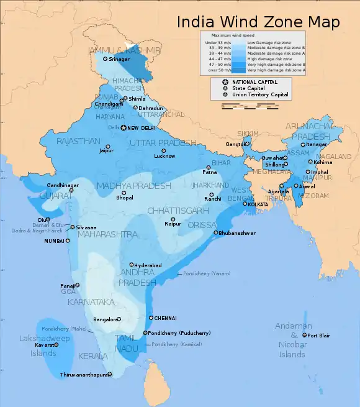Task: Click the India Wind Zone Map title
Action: [x=258, y=22]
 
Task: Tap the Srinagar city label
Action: [x=120, y=59]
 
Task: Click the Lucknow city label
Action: [x=164, y=156]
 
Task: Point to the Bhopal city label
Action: [x=124, y=198]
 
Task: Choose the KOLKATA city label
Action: [x=258, y=204]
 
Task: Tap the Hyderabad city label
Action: [x=148, y=265]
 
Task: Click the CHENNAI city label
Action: [x=165, y=318]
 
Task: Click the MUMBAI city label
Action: [x=54, y=240]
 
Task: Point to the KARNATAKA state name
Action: [x=91, y=302]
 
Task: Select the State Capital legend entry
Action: [x=247, y=89]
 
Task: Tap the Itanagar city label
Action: [x=316, y=145]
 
